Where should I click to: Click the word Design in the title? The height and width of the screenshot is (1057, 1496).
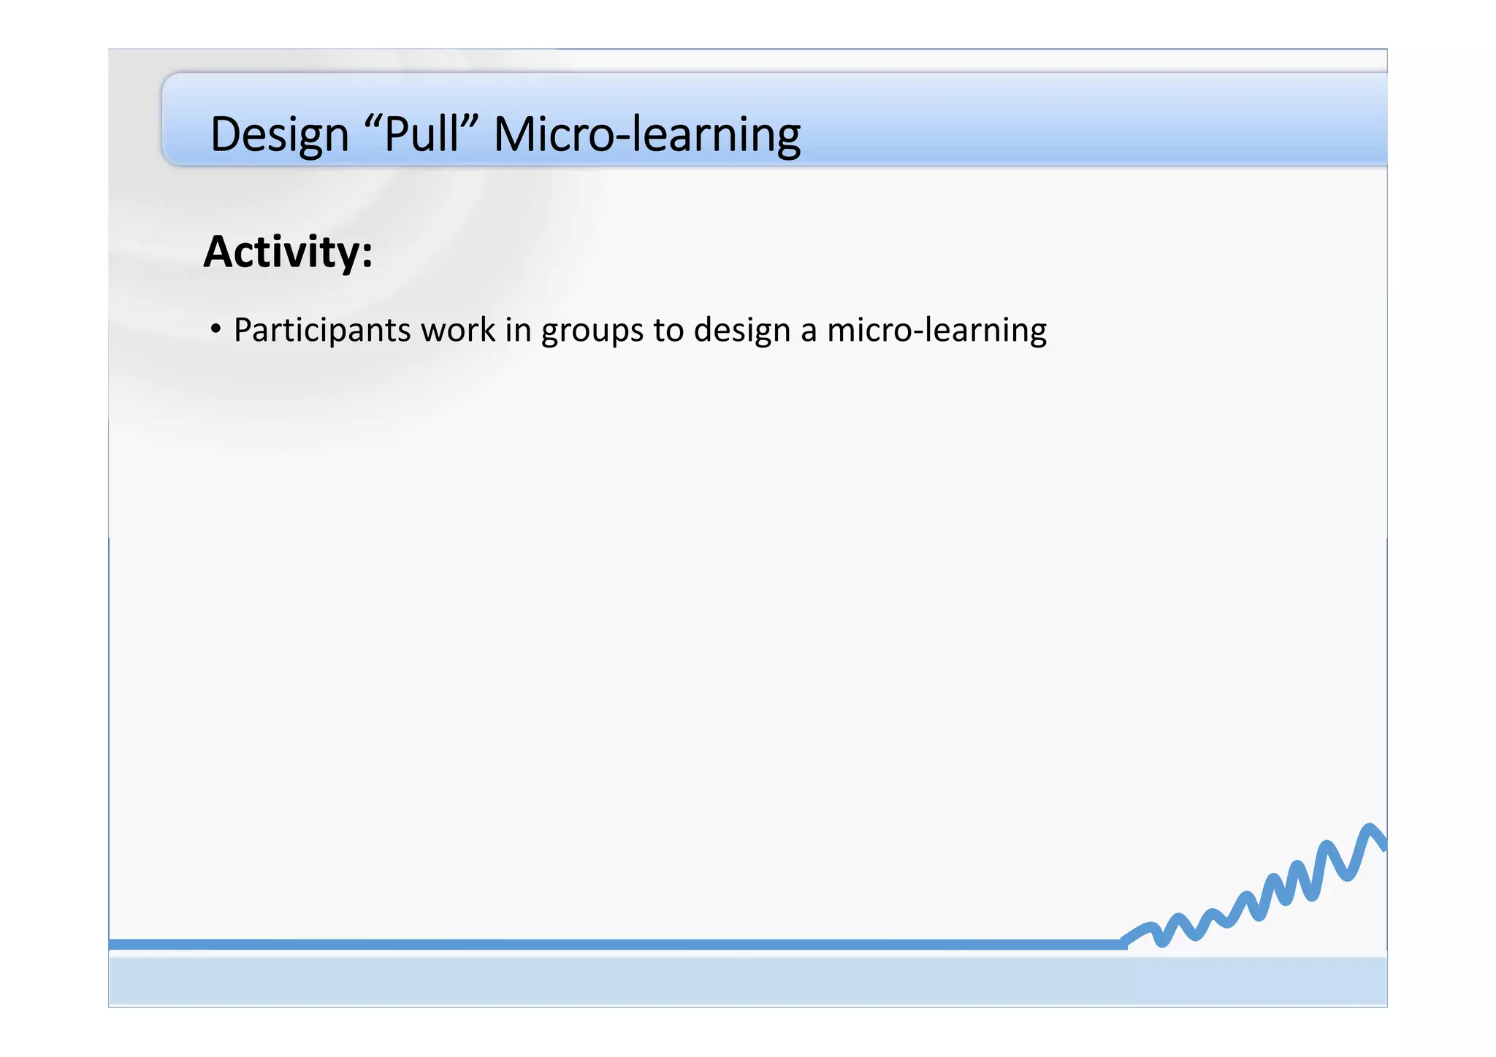pyautogui.click(x=279, y=135)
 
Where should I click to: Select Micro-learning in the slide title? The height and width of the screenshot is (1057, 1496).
pyautogui.click(x=646, y=135)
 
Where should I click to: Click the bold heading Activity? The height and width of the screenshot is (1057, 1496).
pyautogui.click(x=288, y=252)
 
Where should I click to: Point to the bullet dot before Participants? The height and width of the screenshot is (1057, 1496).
pyautogui.click(x=215, y=330)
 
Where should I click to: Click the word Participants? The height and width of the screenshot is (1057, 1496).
pyautogui.click(x=322, y=331)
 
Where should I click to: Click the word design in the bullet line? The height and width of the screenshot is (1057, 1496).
pyautogui.click(x=742, y=331)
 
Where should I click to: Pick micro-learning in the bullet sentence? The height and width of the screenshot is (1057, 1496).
pyautogui.click(x=936, y=331)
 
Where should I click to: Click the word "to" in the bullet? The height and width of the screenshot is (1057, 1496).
pyautogui.click(x=668, y=330)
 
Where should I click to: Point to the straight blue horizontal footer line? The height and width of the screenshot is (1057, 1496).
pyautogui.click(x=584, y=945)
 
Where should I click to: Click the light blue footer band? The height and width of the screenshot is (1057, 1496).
pyautogui.click(x=730, y=982)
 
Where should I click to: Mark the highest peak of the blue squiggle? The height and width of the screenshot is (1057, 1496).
pyautogui.click(x=1370, y=828)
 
